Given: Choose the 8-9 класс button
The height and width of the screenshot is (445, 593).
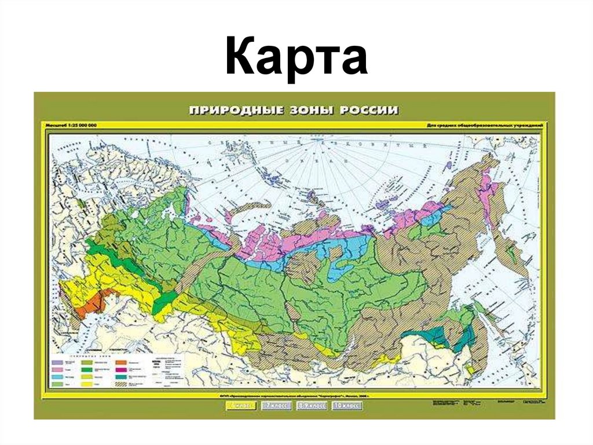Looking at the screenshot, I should click(x=311, y=406).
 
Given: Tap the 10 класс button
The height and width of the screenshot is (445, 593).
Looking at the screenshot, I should click(x=345, y=406).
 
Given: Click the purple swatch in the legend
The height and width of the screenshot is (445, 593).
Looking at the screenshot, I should click(x=57, y=363).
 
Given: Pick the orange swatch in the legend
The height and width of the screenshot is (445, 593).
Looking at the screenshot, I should click(x=121, y=363).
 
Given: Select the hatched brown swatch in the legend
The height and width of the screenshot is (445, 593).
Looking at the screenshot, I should click(x=121, y=384).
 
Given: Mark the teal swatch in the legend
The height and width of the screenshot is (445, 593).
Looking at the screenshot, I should click(x=121, y=377).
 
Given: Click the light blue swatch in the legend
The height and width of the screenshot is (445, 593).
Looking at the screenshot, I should click(x=57, y=377).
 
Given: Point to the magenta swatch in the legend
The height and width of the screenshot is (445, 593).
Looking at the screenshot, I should click(x=121, y=370).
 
